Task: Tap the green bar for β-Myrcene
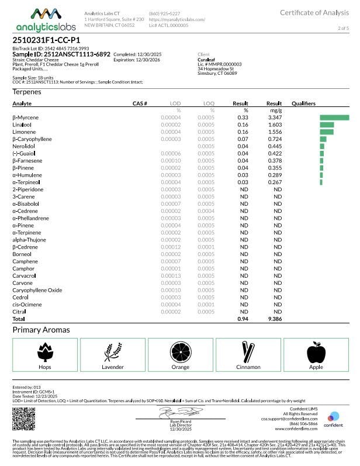click(x=334, y=118)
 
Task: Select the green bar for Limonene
click(x=327, y=132)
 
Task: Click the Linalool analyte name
click(x=23, y=125)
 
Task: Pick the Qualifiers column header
click(x=303, y=103)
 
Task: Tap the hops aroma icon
click(x=45, y=351)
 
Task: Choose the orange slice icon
click(x=179, y=351)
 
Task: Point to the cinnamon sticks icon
click(x=248, y=351)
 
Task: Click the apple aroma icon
click(x=315, y=351)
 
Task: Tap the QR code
click(x=24, y=418)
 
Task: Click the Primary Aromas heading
click(x=41, y=330)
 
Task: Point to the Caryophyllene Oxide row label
click(x=37, y=290)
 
